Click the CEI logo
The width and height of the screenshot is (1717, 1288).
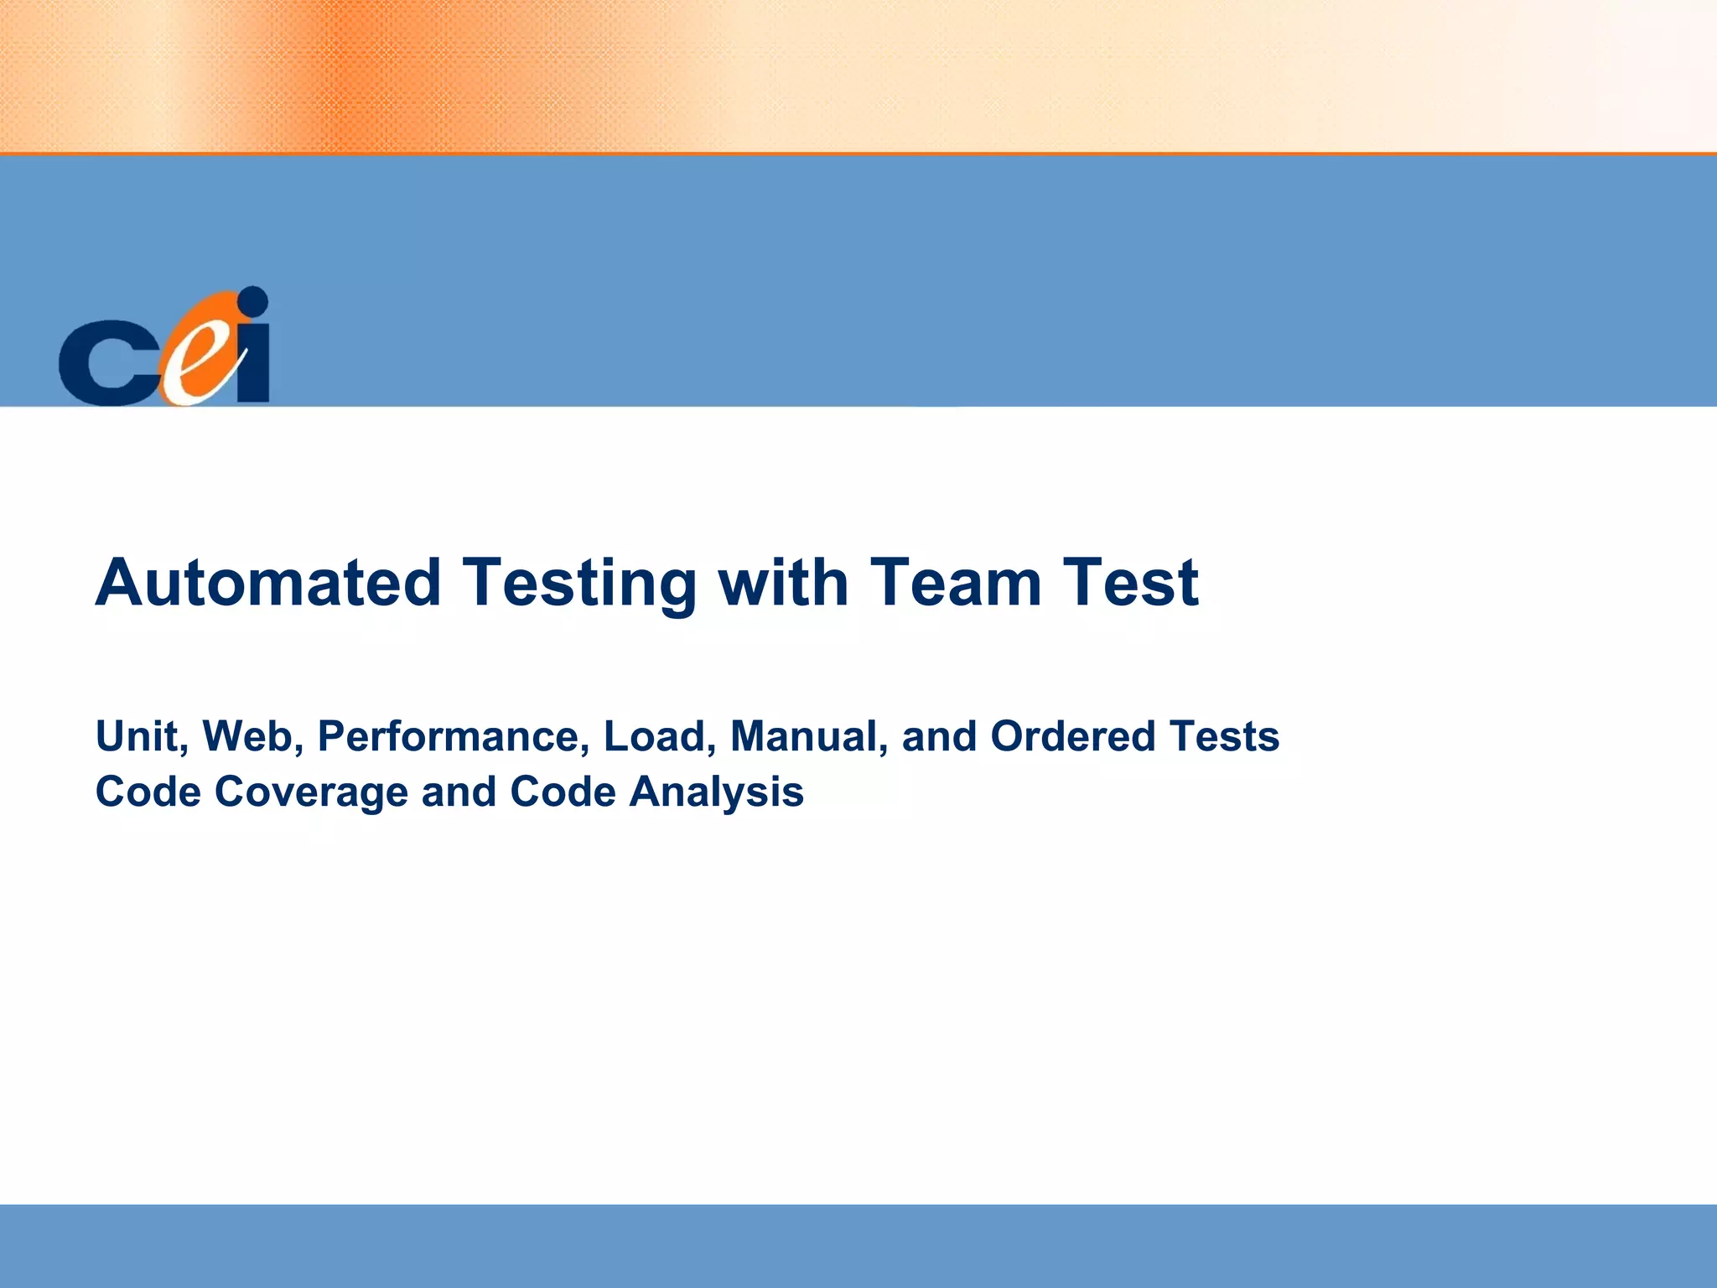164,348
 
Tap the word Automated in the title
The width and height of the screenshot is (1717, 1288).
268,583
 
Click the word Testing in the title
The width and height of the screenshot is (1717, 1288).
579,583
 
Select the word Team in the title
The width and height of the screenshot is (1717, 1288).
955,583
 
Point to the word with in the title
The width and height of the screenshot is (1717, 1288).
783,583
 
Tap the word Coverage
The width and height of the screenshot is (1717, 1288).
311,792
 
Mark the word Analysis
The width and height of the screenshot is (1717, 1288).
716,792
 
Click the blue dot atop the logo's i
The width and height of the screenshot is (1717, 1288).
253,301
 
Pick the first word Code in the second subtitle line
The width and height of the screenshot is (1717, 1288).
148,792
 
